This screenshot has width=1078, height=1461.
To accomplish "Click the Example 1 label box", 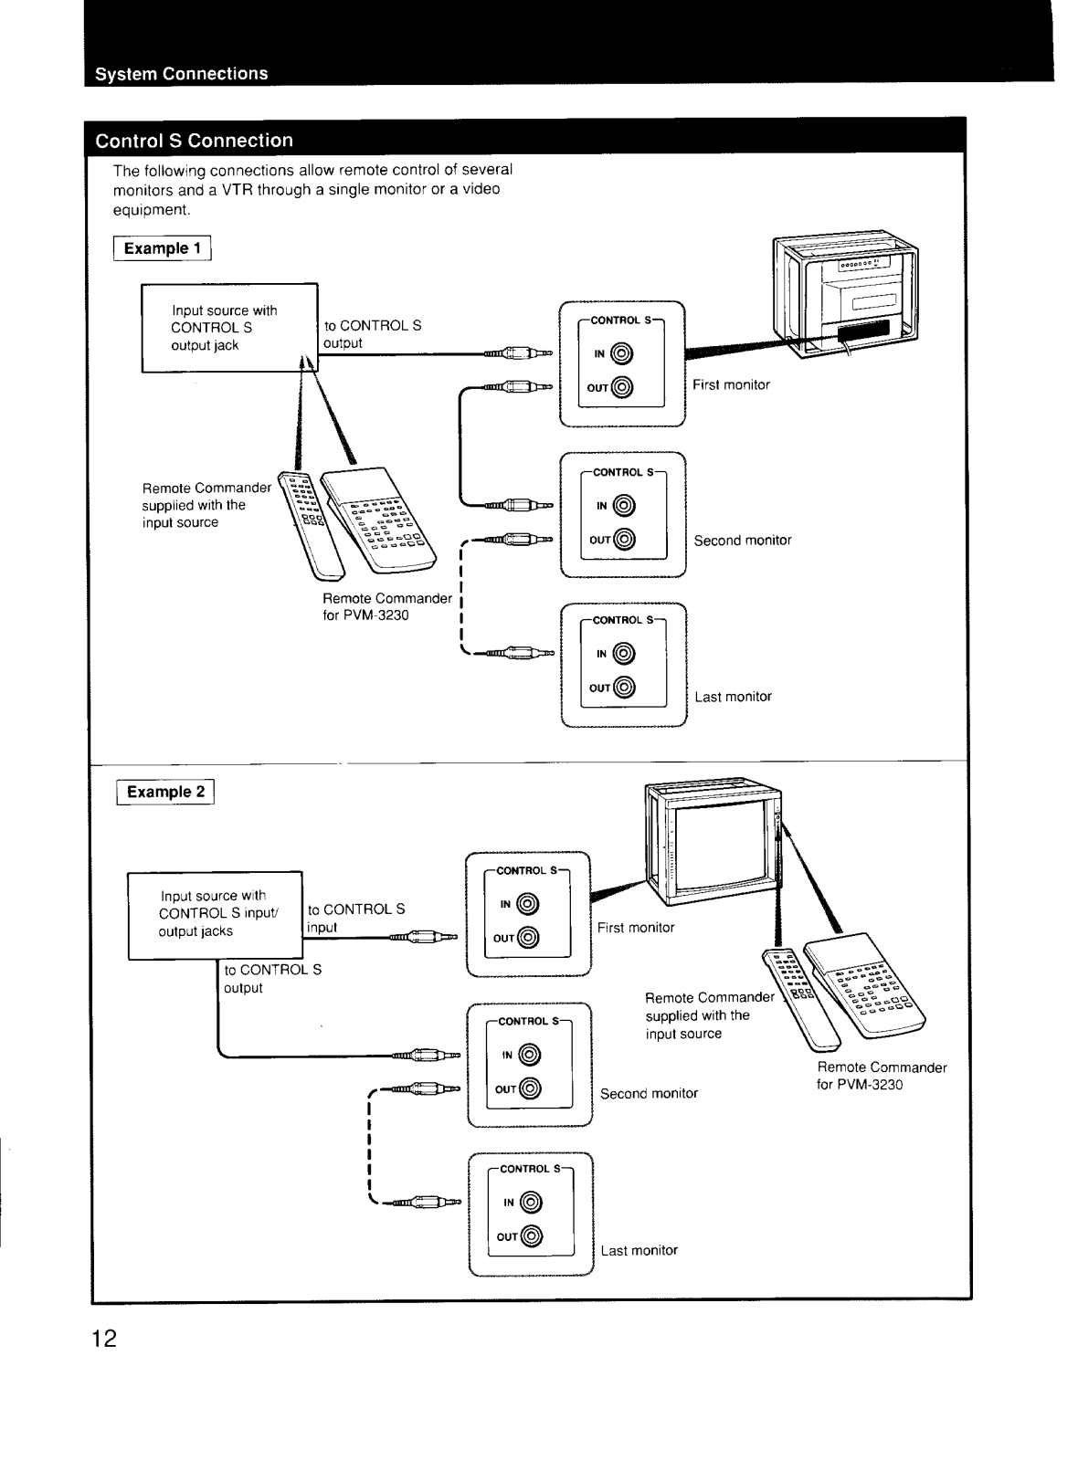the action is (162, 248).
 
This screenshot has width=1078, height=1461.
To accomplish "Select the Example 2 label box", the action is (165, 792).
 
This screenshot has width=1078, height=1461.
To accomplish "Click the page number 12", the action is (104, 1339).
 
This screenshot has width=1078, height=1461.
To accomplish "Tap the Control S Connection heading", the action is (194, 141).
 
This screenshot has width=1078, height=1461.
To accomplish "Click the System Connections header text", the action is (182, 74).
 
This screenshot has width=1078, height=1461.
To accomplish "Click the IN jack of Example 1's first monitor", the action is (621, 353).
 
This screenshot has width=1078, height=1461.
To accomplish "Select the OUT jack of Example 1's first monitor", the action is (621, 387).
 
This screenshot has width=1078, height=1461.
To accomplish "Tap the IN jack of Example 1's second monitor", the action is (624, 506).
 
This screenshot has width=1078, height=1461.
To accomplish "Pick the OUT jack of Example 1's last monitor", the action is (624, 688).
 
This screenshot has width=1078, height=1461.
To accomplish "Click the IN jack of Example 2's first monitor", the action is (527, 904).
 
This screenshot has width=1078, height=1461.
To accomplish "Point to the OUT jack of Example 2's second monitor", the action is (530, 1088).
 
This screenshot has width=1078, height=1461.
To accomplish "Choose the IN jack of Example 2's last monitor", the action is (531, 1202).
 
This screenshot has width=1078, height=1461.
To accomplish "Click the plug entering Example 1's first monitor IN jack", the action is (519, 353).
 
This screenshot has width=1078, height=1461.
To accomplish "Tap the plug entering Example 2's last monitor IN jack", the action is (427, 1202).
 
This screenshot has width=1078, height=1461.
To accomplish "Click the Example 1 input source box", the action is (229, 328).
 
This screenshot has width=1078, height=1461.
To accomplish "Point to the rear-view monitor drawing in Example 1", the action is (846, 294).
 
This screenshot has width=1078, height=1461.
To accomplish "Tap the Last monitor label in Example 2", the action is (639, 1250).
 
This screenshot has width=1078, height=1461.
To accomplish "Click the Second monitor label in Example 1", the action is (743, 540).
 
